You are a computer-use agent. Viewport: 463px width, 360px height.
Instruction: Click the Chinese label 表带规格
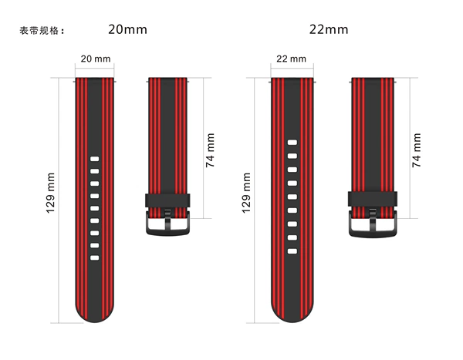coord(39,30)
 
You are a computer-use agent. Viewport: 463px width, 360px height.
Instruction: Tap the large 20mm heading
coord(127,29)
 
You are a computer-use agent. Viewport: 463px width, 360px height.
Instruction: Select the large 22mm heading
coord(329,29)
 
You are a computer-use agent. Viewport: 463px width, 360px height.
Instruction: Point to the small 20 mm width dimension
coord(96,59)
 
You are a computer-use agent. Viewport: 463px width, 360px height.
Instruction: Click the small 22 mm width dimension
coord(291,59)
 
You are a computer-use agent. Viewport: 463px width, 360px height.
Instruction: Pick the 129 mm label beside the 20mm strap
coord(50,193)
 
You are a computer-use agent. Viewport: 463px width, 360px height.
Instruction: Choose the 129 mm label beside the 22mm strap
coord(246,193)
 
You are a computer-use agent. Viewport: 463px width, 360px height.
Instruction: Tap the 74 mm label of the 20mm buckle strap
coord(210,150)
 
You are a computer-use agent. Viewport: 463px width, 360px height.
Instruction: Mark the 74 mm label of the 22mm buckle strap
coord(417,150)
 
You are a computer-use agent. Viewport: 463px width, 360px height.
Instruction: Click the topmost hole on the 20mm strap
coord(94,159)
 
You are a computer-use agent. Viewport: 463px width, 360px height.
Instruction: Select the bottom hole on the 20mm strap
coord(94,258)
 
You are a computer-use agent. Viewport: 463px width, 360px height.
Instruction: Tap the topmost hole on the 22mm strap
coord(292,143)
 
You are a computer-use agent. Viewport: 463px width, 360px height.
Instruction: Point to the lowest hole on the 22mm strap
coord(292,251)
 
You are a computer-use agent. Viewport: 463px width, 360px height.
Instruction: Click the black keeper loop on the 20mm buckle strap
coord(167,200)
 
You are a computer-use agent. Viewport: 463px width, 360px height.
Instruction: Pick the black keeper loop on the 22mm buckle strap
coord(373,199)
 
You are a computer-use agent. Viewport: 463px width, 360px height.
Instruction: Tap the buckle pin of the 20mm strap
coord(167,219)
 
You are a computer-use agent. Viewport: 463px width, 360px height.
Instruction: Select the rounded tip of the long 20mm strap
coord(94,316)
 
